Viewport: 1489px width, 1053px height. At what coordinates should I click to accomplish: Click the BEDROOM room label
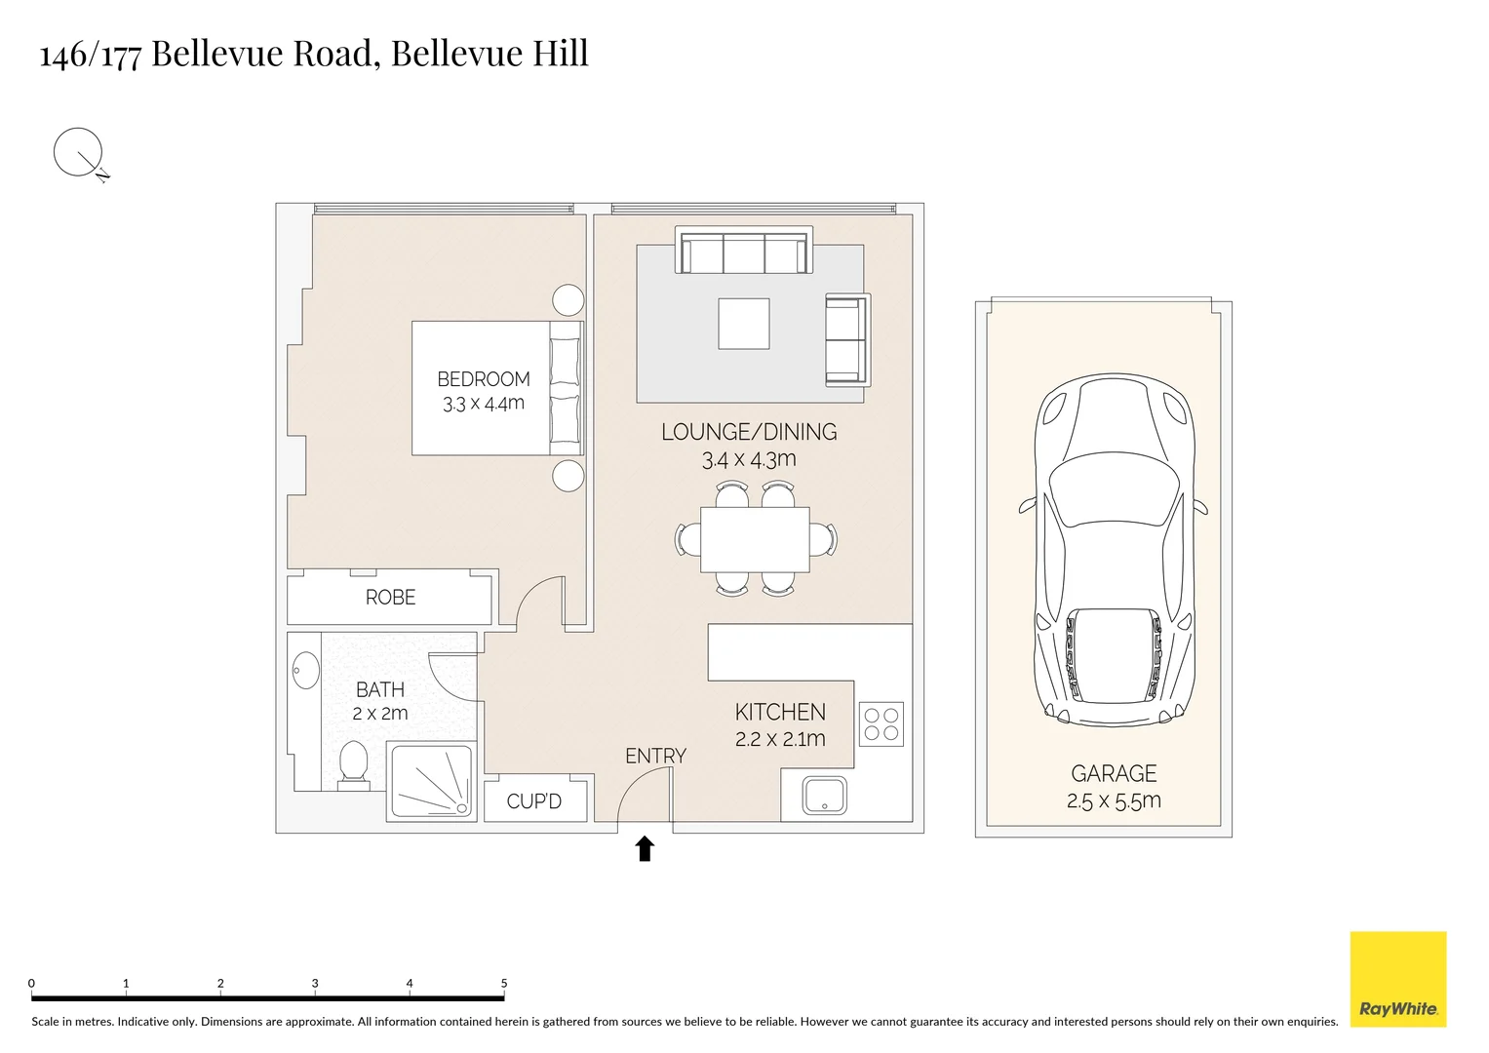pyautogui.click(x=483, y=379)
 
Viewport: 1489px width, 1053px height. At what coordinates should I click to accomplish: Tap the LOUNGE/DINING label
pyautogui.click(x=749, y=432)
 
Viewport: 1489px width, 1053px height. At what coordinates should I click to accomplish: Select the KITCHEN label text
pyautogui.click(x=780, y=713)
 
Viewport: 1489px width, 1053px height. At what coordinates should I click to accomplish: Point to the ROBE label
pyautogui.click(x=390, y=598)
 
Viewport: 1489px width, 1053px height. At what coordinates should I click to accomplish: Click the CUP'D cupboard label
pyautogui.click(x=534, y=801)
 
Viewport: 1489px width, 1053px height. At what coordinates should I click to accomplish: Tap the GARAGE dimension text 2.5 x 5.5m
pyautogui.click(x=1114, y=801)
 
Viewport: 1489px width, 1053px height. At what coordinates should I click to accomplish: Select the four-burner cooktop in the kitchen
pyautogui.click(x=882, y=724)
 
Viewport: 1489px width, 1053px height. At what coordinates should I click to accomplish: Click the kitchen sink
pyautogui.click(x=824, y=796)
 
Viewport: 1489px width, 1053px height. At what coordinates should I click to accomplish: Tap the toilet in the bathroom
pyautogui.click(x=353, y=762)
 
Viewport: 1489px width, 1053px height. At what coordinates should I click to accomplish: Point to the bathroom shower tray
pyautogui.click(x=430, y=780)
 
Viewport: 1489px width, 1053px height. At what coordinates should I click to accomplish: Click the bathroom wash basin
pyautogui.click(x=305, y=670)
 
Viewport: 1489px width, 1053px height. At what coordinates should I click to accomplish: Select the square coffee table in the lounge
pyautogui.click(x=744, y=324)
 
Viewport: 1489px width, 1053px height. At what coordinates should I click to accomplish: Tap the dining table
pyautogui.click(x=755, y=539)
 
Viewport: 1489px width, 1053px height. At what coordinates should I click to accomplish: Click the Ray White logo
pyautogui.click(x=1397, y=979)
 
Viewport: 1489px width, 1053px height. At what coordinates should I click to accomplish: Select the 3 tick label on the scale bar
pyautogui.click(x=315, y=984)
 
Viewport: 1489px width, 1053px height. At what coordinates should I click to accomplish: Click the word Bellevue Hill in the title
pyautogui.click(x=490, y=53)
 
